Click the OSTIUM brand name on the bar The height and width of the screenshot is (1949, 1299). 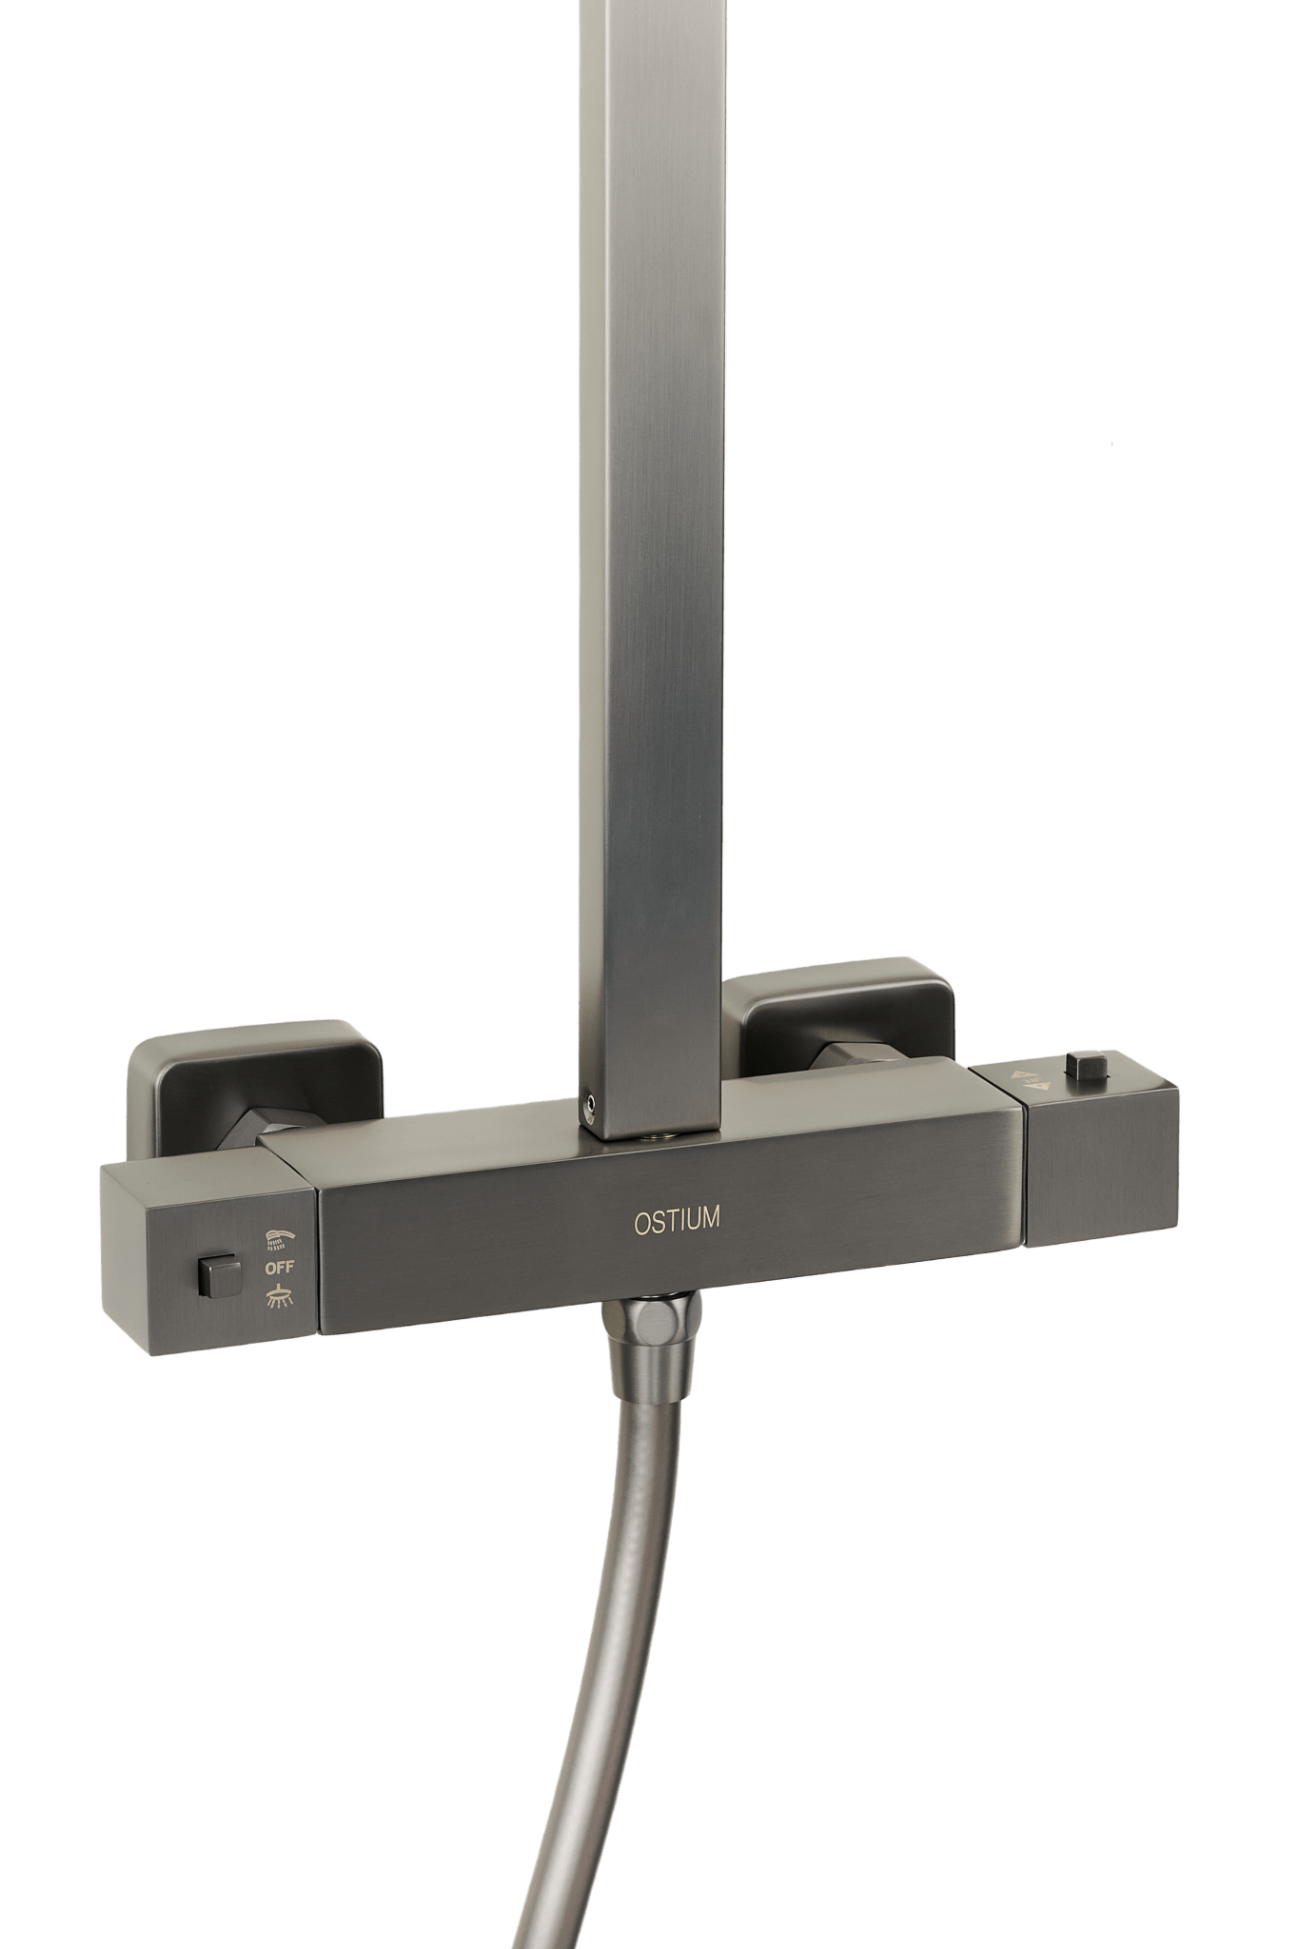click(677, 1222)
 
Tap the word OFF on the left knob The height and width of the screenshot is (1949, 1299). click(280, 1267)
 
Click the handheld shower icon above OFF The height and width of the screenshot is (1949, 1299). click(281, 1238)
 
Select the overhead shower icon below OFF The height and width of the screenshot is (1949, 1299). click(280, 1295)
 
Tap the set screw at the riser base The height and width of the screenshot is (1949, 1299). click(593, 1105)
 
